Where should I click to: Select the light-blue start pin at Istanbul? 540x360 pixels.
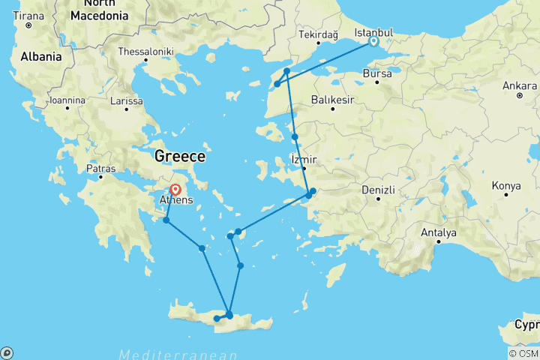tap(373, 42)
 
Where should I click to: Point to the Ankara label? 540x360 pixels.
tap(520, 85)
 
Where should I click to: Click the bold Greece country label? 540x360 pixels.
tap(179, 156)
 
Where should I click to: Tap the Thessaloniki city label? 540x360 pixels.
tap(145, 52)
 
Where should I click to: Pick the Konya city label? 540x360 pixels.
tap(505, 185)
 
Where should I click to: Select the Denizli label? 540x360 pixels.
tap(379, 190)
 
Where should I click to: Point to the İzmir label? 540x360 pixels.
tap(304, 160)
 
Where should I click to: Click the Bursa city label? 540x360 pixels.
tap(376, 74)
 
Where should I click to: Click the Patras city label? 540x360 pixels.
tap(101, 169)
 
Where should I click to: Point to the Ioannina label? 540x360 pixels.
tap(66, 100)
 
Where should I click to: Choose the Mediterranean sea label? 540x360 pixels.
tap(178, 354)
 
